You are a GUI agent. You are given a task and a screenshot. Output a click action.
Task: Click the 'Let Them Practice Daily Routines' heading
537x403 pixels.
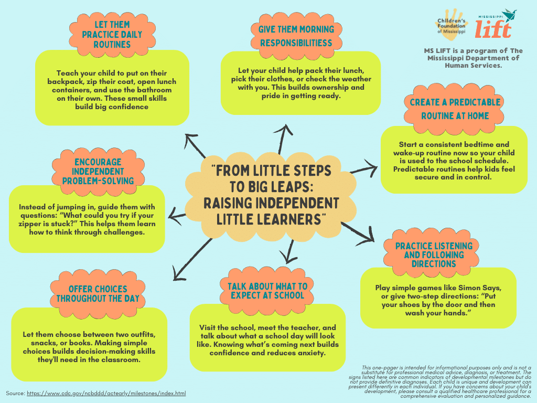pyautogui.click(x=112, y=34)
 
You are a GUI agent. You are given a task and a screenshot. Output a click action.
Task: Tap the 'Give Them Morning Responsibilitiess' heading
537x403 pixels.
pyautogui.click(x=296, y=36)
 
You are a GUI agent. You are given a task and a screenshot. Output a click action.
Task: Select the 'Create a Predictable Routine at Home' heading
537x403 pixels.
pyautogui.click(x=455, y=109)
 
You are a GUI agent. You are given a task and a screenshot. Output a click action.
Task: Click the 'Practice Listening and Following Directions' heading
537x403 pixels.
pyautogui.click(x=434, y=254)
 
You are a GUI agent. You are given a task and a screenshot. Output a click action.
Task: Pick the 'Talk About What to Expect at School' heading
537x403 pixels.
pyautogui.click(x=267, y=290)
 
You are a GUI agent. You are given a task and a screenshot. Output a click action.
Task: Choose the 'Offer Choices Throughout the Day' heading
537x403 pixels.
pyautogui.click(x=98, y=294)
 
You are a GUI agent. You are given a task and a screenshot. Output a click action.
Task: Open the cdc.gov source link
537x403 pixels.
pyautogui.click(x=106, y=393)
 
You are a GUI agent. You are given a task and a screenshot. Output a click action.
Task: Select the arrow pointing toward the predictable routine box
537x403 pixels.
pyautogui.click(x=364, y=169)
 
